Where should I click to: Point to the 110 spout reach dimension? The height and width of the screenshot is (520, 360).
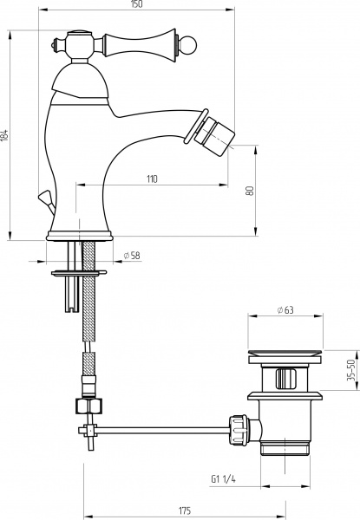[151, 179]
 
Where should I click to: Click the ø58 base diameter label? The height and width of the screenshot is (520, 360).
[133, 255]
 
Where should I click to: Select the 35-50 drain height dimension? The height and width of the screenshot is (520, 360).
[351, 371]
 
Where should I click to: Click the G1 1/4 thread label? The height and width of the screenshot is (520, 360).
[224, 477]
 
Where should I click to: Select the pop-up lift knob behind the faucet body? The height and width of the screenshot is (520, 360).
[43, 198]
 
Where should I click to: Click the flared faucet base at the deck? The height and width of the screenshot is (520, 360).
[80, 231]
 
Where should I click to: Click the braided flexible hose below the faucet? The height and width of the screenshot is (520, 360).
[88, 321]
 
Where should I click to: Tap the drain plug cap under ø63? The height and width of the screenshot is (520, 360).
[285, 352]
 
